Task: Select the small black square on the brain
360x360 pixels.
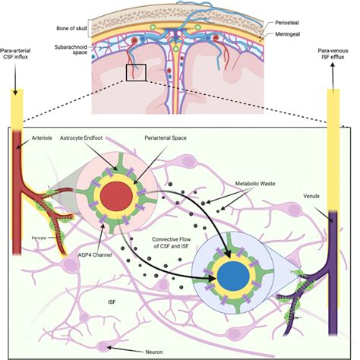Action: [137, 73]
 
